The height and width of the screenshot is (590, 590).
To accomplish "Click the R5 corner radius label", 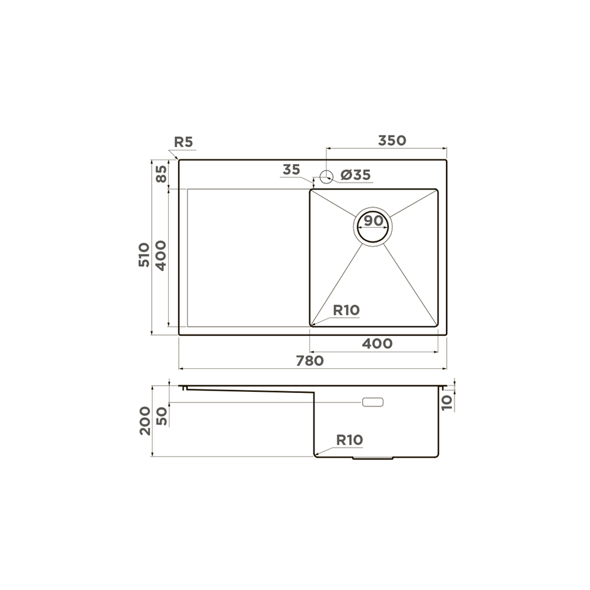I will [183, 142].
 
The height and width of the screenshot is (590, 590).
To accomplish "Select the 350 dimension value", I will [392, 140].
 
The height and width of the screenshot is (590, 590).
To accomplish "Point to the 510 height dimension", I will [144, 255].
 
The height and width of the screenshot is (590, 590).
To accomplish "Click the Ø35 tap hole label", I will [355, 175].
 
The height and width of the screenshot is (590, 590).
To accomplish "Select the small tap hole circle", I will [325, 175].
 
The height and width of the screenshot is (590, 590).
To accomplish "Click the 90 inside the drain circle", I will [373, 221].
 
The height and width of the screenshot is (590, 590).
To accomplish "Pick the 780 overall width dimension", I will [309, 360].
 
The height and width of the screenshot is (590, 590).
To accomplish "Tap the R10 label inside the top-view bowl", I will [346, 310].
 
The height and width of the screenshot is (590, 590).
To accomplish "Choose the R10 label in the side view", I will [349, 440].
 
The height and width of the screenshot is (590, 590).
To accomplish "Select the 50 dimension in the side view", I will [161, 417].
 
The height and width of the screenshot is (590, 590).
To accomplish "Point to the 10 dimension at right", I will [447, 402].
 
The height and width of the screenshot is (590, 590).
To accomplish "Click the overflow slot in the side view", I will [373, 402].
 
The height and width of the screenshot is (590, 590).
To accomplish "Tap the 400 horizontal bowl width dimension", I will [378, 343].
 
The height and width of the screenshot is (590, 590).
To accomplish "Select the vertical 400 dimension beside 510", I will [161, 255].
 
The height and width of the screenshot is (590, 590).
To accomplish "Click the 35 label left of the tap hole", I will [291, 170].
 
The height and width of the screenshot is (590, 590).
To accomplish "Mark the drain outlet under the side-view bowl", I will [372, 458].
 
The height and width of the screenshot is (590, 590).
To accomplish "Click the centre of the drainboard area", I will [248, 257].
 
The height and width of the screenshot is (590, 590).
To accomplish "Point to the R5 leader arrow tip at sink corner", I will [179, 159].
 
